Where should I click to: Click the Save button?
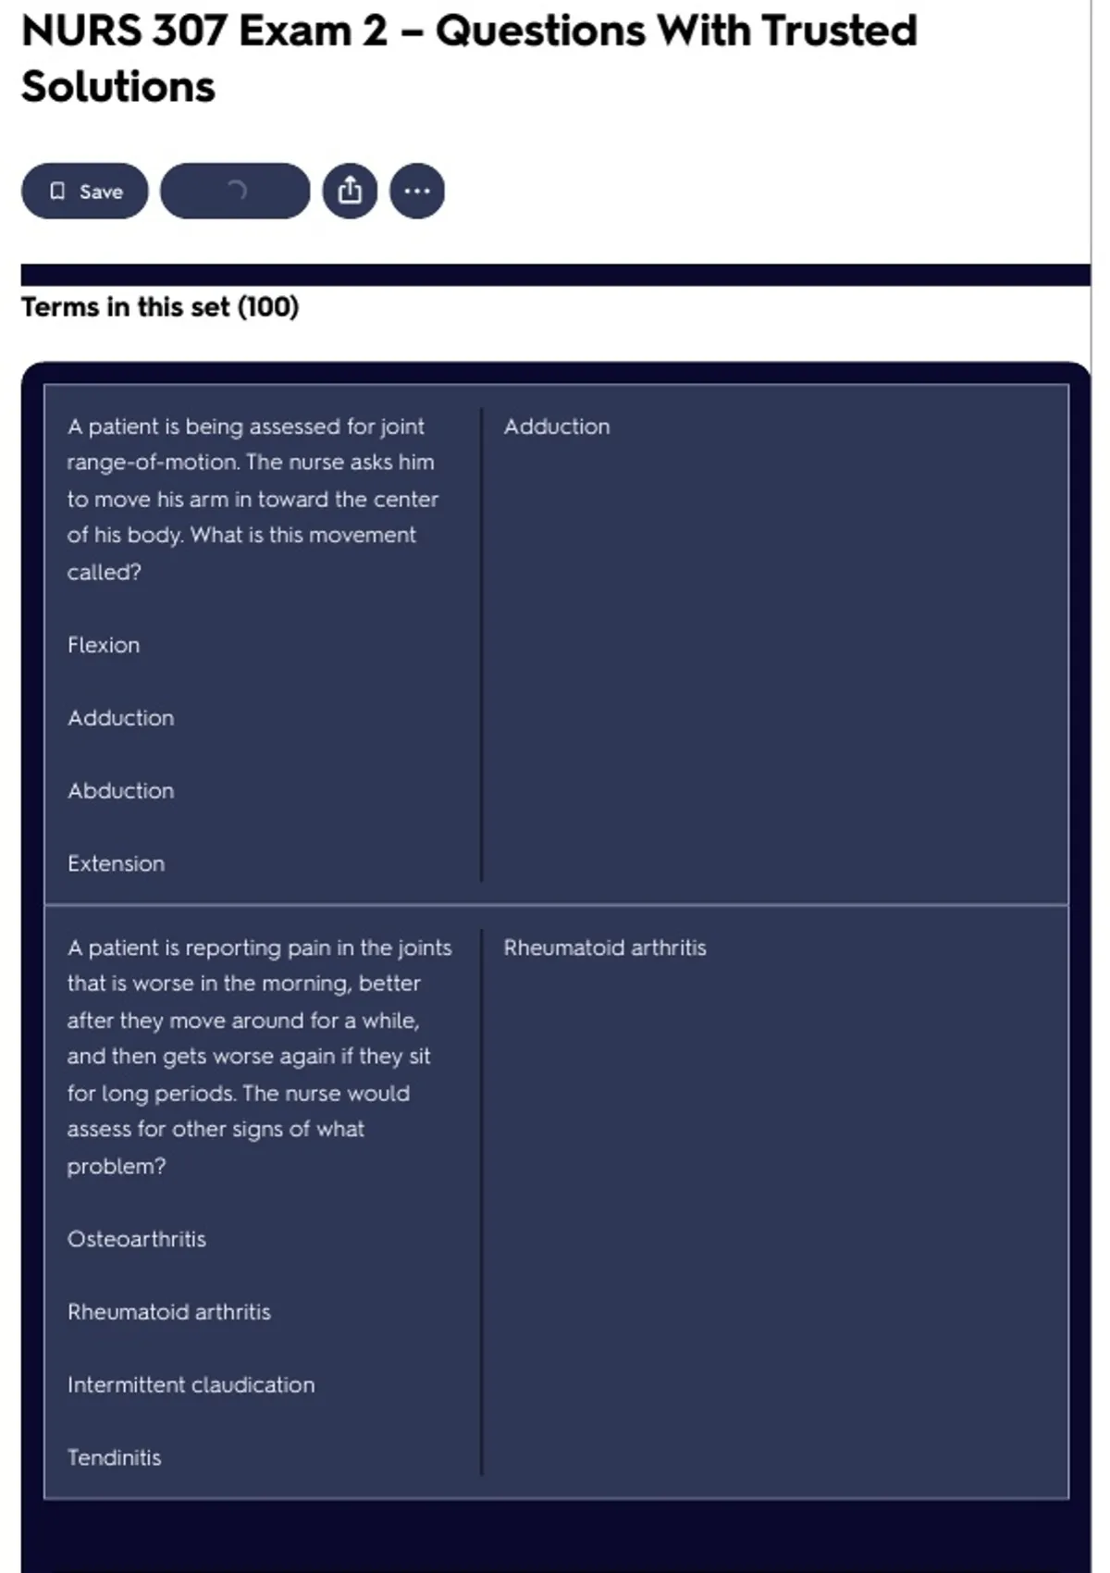click(84, 192)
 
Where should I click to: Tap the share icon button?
click(350, 192)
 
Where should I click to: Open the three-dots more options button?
click(417, 192)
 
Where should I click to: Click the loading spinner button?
click(235, 192)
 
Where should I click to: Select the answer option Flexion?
click(104, 645)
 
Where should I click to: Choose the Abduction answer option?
click(120, 791)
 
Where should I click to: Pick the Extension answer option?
click(116, 864)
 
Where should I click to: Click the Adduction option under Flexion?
click(120, 718)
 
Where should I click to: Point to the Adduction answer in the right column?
click(557, 427)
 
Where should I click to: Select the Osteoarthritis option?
click(136, 1239)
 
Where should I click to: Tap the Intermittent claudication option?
click(191, 1385)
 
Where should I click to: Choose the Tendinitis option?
click(114, 1458)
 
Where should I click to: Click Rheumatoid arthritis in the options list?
click(168, 1312)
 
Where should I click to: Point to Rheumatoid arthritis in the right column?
click(605, 948)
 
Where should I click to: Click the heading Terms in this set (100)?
click(160, 307)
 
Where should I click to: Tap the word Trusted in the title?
click(839, 31)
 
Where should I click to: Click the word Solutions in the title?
click(118, 87)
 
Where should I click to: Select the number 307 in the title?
click(190, 31)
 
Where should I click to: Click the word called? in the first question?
click(104, 573)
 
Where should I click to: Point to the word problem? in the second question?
click(116, 1167)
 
